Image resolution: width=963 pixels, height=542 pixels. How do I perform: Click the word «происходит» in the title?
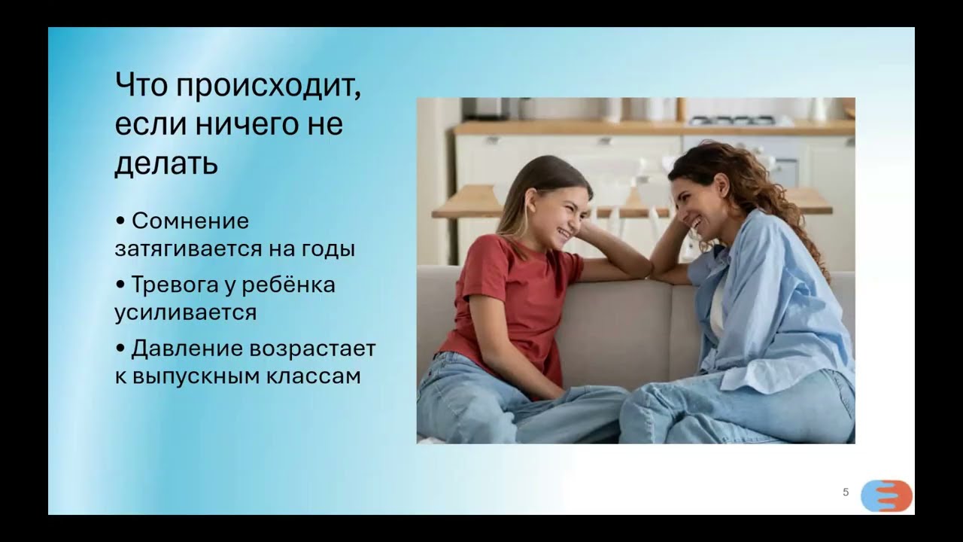point(269,87)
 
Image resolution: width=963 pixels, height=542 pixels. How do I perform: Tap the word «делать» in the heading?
point(166,164)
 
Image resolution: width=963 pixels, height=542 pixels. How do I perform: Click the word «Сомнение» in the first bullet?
point(190,221)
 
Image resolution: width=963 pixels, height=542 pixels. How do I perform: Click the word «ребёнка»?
point(288,285)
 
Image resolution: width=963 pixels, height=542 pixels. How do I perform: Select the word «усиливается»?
point(185,312)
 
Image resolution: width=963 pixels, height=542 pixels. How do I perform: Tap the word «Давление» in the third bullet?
point(187,349)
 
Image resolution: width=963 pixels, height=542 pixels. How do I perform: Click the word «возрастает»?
point(312,349)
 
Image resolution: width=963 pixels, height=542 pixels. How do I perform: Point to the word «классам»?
point(313,376)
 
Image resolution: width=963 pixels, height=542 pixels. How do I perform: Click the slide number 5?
point(846,492)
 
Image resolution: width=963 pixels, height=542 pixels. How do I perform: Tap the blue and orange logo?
point(886,496)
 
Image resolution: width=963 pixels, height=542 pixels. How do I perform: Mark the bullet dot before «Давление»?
point(120,349)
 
